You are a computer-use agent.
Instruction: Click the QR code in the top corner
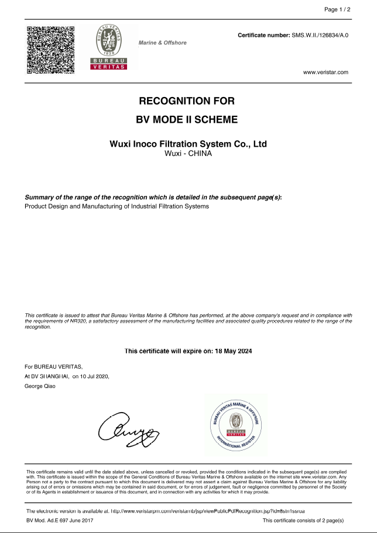pyautogui.click(x=51, y=50)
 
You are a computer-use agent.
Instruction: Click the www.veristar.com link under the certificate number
pyautogui.click(x=325, y=72)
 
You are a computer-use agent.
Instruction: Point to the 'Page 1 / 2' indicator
pyautogui.click(x=337, y=9)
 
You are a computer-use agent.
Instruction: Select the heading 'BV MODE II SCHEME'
pyautogui.click(x=188, y=120)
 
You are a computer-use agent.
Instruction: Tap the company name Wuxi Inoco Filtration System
pyautogui.click(x=188, y=144)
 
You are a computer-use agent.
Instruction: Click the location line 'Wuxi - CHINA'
pyautogui.click(x=188, y=154)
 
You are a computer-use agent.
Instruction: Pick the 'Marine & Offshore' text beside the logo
pyautogui.click(x=162, y=43)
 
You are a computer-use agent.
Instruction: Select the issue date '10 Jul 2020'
pyautogui.click(x=94, y=376)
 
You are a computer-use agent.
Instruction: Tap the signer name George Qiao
pyautogui.click(x=40, y=386)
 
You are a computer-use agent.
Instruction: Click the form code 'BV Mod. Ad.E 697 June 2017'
pyautogui.click(x=60, y=520)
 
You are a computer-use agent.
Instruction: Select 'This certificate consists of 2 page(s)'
pyautogui.click(x=303, y=520)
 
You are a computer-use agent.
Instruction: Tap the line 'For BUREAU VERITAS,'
pyautogui.click(x=49, y=366)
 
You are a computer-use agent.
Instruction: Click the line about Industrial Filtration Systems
pyautogui.click(x=116, y=206)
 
